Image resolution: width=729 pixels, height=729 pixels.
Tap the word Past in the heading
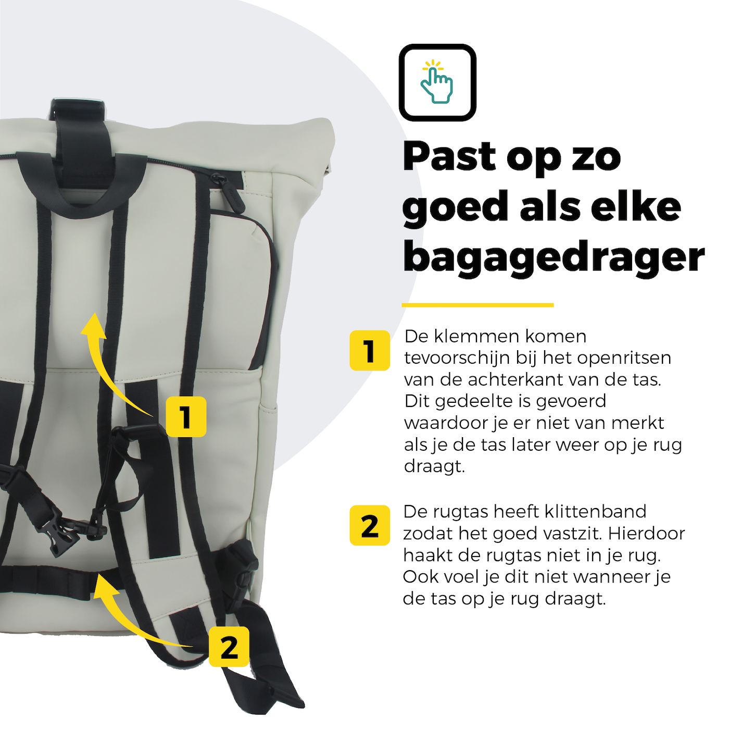tap(449, 156)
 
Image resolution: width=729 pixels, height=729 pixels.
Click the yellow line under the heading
tap(478, 305)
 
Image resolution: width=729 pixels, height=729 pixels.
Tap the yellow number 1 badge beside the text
tap(370, 350)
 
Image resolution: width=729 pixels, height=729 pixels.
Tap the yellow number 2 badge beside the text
tap(370, 525)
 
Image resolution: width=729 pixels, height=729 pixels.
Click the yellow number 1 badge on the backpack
tap(186, 416)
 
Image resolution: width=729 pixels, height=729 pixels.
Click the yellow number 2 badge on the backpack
tap(229, 647)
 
